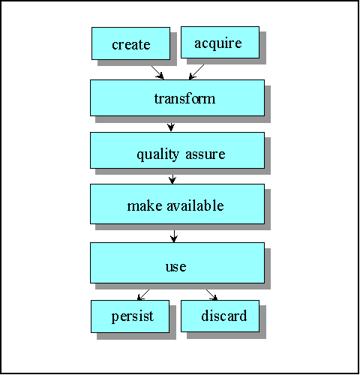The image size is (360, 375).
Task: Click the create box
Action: [x=130, y=43]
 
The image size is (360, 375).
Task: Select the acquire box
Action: [x=220, y=42]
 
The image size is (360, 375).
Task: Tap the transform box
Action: [x=177, y=97]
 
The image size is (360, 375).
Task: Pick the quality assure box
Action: [x=177, y=150]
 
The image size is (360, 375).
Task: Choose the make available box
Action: [x=177, y=204]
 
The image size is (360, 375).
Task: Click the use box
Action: [x=177, y=262]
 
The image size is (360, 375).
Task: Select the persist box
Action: [x=130, y=316]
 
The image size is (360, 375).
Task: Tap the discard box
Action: [x=220, y=316]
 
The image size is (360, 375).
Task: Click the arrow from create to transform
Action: [x=157, y=73]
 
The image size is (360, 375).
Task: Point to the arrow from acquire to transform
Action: [x=196, y=72]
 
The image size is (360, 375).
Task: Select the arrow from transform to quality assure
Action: [x=171, y=127]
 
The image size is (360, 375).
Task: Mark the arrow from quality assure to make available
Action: [x=172, y=179]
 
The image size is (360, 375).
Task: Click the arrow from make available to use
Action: [x=174, y=236]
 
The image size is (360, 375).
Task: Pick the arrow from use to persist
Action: [x=143, y=295]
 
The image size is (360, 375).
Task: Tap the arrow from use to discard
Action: [x=211, y=295]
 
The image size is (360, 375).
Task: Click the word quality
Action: [x=158, y=154]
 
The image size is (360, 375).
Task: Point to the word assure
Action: [x=205, y=154]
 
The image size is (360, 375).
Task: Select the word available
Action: [x=195, y=205]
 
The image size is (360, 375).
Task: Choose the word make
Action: [x=145, y=205]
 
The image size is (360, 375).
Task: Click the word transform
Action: [x=184, y=98]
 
